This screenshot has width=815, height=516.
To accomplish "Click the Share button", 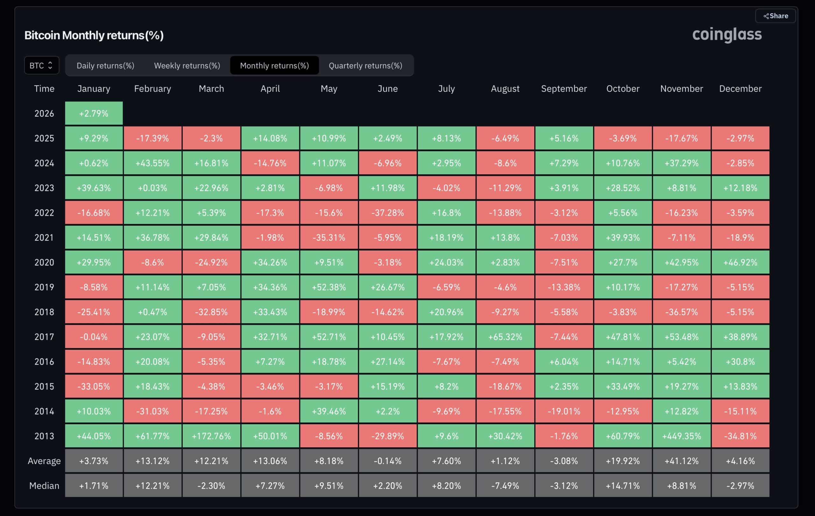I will [x=776, y=16].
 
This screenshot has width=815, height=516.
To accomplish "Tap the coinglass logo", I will [x=727, y=34].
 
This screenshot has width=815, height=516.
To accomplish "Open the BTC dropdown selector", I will [x=41, y=65].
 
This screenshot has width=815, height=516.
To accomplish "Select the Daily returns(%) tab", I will [x=105, y=65].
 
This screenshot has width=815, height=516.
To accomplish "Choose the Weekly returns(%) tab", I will [x=187, y=65].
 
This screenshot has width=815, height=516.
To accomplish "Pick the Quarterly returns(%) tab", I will [x=365, y=65].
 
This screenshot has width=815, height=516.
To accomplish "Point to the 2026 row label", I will [x=44, y=113].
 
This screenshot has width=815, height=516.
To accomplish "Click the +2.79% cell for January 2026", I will [x=94, y=113].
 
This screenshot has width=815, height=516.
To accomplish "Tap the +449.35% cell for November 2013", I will [x=681, y=436].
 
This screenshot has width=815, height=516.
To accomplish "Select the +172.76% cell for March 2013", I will [x=211, y=436].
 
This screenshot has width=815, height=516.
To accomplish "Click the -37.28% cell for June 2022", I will [x=387, y=213].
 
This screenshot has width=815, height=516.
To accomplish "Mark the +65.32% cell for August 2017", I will [x=505, y=337].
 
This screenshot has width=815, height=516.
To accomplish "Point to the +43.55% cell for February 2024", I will [x=152, y=163].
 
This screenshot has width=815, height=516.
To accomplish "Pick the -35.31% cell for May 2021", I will [x=329, y=237].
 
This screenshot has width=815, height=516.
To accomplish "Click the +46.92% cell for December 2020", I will [x=740, y=263].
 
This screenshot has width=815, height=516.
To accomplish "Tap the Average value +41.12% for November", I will [x=681, y=461].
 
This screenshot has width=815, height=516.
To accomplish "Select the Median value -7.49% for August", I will [x=505, y=486].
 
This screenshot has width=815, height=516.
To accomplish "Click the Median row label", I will [x=44, y=486].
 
